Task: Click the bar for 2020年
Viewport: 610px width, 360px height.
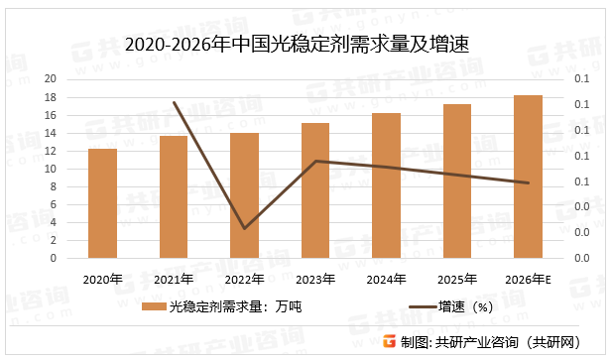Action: (102, 203)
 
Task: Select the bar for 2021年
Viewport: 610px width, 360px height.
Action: (174, 197)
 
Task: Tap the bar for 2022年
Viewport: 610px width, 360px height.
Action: (244, 195)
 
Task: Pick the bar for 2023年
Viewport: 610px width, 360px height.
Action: (315, 190)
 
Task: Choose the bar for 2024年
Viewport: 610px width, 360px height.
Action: (386, 185)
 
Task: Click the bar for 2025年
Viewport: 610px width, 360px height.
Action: (456, 180)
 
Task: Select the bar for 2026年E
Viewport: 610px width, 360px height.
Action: (528, 177)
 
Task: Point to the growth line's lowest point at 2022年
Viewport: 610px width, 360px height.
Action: (244, 228)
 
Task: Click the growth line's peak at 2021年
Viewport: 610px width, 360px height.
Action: (174, 102)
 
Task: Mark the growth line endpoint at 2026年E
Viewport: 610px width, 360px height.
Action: (528, 182)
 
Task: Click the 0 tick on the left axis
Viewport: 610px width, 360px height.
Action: (54, 258)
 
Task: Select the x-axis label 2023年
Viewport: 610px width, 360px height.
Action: (315, 279)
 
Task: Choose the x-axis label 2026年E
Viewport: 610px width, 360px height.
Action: (528, 279)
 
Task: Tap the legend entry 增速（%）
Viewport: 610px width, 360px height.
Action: (451, 306)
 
